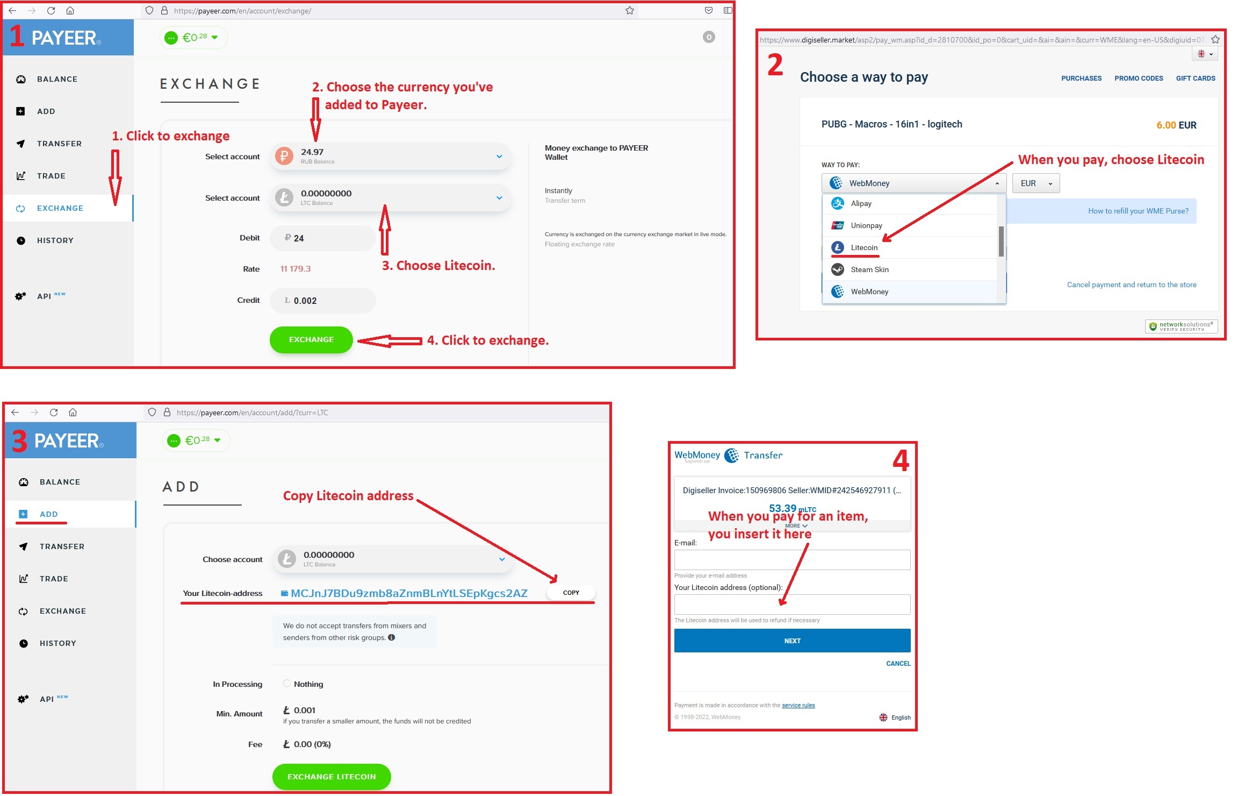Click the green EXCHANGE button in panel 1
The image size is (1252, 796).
311,339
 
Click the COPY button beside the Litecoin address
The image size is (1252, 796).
571,593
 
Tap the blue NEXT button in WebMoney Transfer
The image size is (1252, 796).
792,641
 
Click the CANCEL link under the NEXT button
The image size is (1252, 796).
898,664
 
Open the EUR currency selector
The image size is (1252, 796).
1036,183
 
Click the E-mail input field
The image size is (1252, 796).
792,560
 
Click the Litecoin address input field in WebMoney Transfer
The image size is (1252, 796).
792,605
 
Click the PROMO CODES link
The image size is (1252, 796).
1139,79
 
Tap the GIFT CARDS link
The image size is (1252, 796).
1196,79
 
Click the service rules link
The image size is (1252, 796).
798,705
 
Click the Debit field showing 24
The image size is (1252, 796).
322,238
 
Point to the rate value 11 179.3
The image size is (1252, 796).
296,269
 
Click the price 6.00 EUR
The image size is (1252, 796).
1176,125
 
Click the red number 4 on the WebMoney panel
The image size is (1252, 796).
901,461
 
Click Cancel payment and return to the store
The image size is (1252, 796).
1132,285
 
